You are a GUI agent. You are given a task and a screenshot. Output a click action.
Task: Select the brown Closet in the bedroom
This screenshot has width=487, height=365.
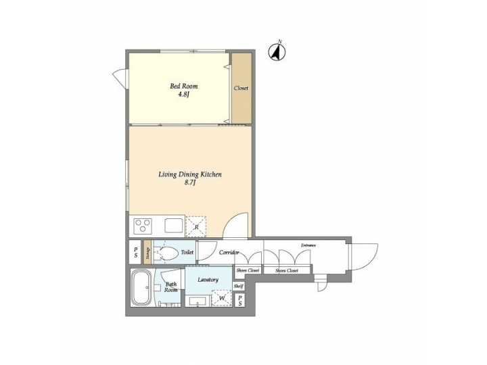click(x=241, y=89)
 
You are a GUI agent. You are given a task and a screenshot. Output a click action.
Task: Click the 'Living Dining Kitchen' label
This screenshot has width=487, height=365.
click(x=190, y=174)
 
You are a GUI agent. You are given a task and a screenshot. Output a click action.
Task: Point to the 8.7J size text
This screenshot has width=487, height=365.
click(x=190, y=183)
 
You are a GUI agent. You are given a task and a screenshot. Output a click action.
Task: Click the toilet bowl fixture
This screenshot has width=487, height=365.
click(x=168, y=253)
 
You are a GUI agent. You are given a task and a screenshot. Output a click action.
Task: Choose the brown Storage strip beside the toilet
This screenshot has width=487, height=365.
click(x=147, y=253)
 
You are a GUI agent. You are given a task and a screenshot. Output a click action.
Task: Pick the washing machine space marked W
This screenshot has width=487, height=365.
click(x=221, y=297)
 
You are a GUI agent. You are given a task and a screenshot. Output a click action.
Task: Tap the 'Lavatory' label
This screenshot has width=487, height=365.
click(x=207, y=279)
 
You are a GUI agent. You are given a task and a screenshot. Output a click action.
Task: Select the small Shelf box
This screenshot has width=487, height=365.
click(x=239, y=286)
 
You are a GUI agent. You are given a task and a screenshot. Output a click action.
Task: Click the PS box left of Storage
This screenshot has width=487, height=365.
click(x=135, y=253)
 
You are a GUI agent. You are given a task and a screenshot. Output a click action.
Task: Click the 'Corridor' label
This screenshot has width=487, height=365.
click(x=229, y=252)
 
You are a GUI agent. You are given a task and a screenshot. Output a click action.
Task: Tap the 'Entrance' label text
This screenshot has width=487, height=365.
click(x=308, y=245)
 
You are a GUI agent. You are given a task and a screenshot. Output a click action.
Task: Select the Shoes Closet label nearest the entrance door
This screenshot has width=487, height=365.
click(x=287, y=270)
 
